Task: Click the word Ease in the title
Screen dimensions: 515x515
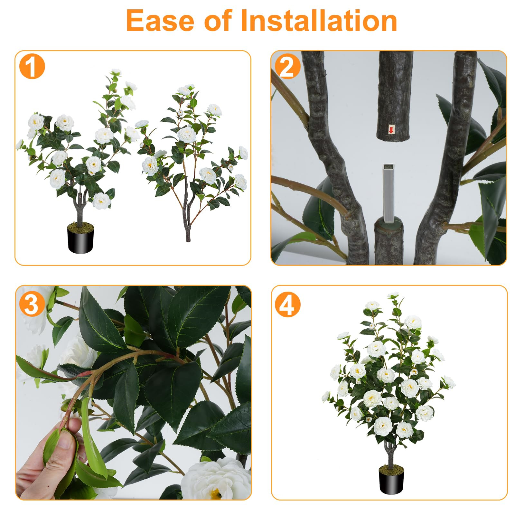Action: tap(160, 21)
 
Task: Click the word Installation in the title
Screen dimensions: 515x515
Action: tap(319, 21)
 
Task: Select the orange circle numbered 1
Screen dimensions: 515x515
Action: tap(32, 67)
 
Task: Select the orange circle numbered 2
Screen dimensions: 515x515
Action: tap(287, 67)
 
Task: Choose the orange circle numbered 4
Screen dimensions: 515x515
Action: tap(287, 304)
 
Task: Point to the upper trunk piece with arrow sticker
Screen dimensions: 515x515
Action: tap(395, 97)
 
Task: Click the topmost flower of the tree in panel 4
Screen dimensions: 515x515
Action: tap(393, 295)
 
